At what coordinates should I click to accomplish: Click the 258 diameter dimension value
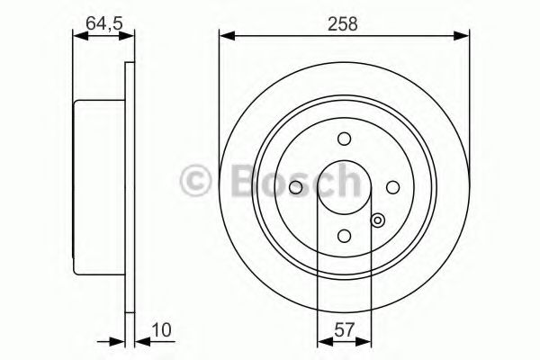343,24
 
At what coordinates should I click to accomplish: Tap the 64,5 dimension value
104,23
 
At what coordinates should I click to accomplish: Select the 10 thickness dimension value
161,330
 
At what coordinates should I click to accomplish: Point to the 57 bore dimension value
344,330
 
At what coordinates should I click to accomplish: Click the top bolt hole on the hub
344,139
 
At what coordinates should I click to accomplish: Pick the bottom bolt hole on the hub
344,236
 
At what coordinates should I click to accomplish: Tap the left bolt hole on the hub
295,187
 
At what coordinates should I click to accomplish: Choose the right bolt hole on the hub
392,187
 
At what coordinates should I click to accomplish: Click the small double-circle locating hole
378,220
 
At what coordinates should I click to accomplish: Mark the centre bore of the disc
344,187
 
